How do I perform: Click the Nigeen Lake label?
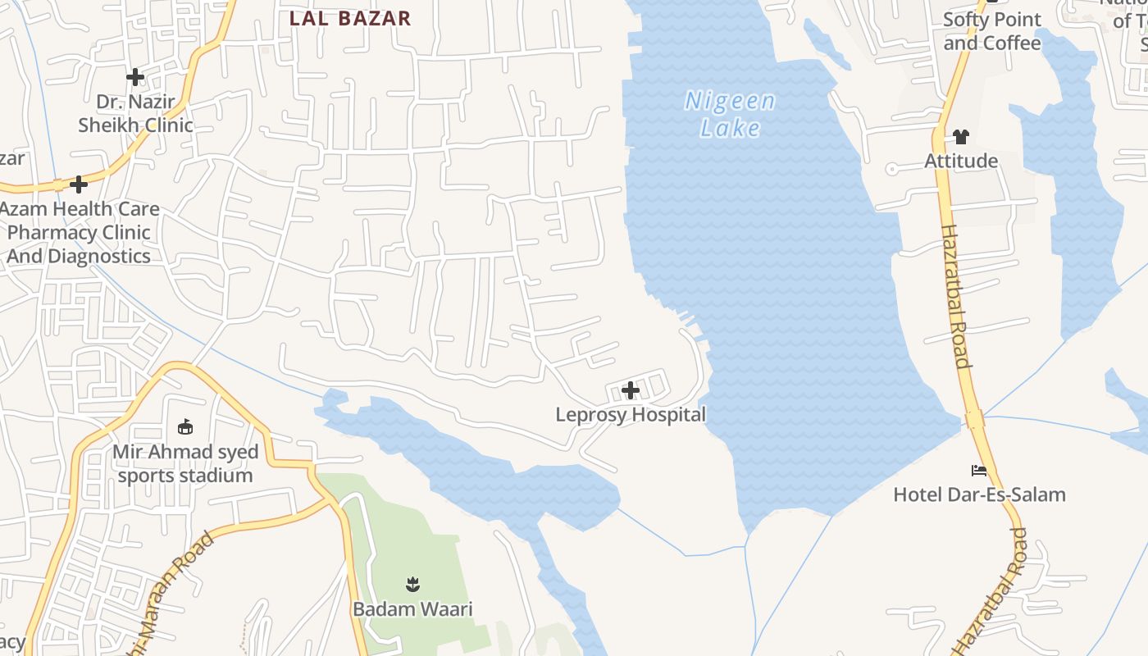pyautogui.click(x=730, y=114)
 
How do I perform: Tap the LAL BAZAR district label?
pyautogui.click(x=349, y=18)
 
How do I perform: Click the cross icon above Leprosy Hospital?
pyautogui.click(x=630, y=389)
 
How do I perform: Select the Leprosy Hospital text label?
pyautogui.click(x=630, y=414)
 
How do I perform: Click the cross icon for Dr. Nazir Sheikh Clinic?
pyautogui.click(x=134, y=77)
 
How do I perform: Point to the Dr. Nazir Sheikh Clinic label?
pyautogui.click(x=136, y=114)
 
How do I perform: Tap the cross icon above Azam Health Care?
pyautogui.click(x=79, y=184)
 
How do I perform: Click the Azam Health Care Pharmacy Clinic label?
pyautogui.click(x=79, y=233)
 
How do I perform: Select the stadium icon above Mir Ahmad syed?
pyautogui.click(x=185, y=426)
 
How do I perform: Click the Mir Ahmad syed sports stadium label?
pyautogui.click(x=185, y=464)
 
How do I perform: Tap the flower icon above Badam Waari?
pyautogui.click(x=412, y=584)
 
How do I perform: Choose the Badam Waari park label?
pyautogui.click(x=412, y=609)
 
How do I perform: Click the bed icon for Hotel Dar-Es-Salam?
pyautogui.click(x=978, y=470)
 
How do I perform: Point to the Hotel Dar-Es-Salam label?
pyautogui.click(x=979, y=494)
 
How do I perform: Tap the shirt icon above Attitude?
pyautogui.click(x=960, y=136)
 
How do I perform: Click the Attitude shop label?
pyautogui.click(x=961, y=161)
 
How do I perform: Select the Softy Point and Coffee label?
pyautogui.click(x=991, y=31)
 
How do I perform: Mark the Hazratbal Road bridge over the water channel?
pyautogui.click(x=973, y=419)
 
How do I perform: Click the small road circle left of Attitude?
pyautogui.click(x=892, y=169)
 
